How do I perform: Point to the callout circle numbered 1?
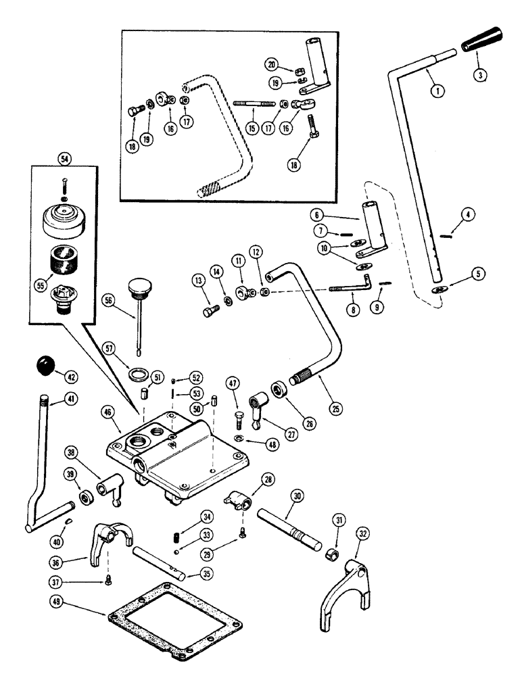point(433,88)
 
